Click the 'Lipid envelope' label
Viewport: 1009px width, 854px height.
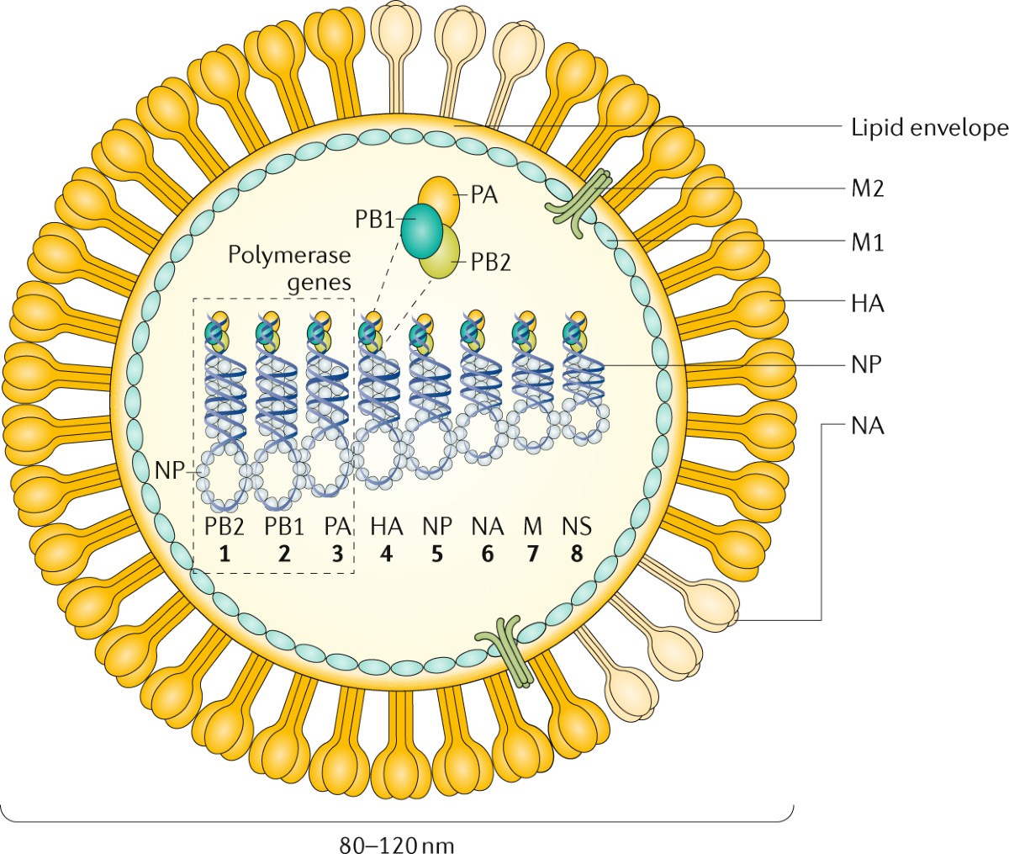(925, 128)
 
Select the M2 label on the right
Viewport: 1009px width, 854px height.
(866, 188)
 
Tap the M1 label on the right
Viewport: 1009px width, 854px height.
(866, 244)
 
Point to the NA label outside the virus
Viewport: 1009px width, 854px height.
(867, 426)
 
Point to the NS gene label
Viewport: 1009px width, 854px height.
(576, 527)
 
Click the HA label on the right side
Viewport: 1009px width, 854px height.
(867, 303)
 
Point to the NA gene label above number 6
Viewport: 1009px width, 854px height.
(487, 527)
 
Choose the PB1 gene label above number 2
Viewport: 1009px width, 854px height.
(284, 527)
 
